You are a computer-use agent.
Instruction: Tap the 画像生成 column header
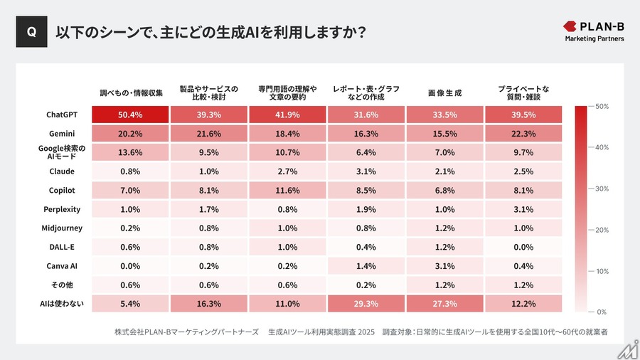click(444, 92)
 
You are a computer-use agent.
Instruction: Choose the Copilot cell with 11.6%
click(287, 191)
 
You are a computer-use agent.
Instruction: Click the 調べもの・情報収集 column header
click(131, 92)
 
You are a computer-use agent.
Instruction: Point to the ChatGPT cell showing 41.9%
click(287, 115)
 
